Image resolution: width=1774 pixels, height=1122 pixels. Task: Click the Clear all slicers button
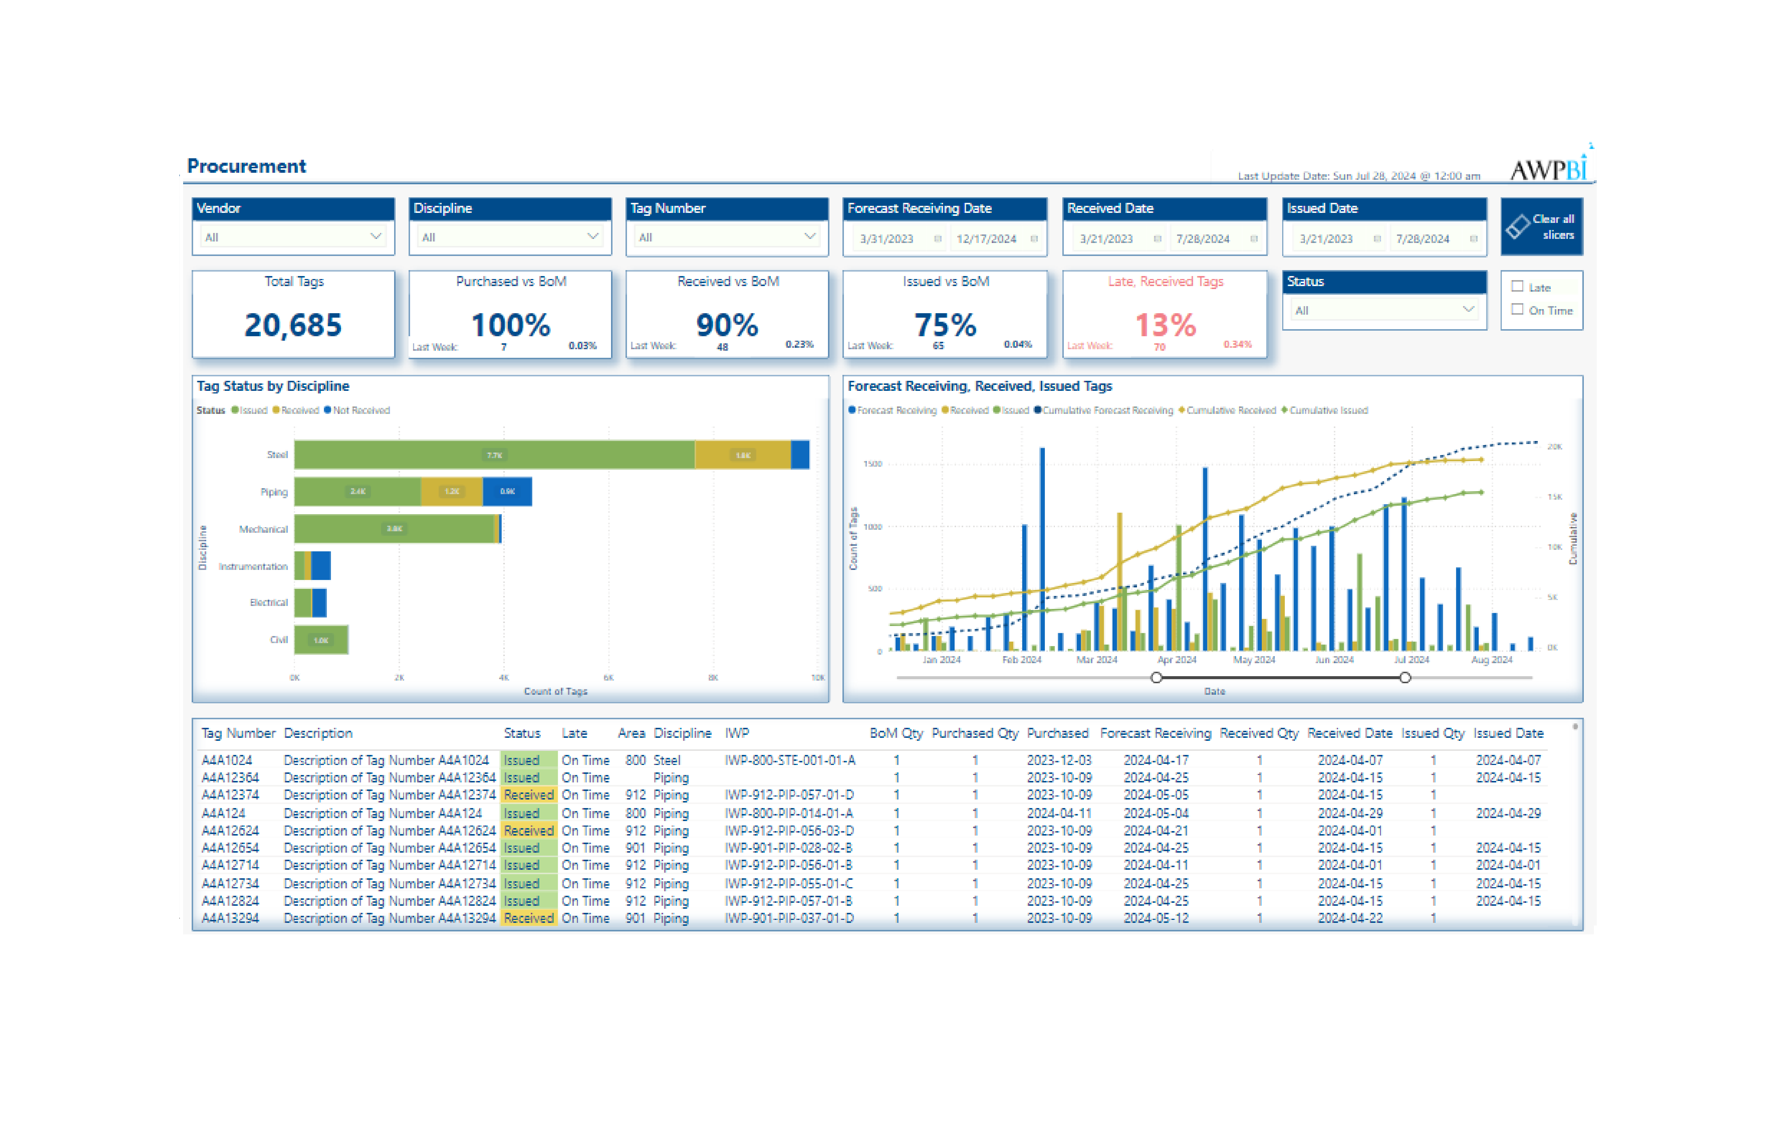click(1541, 227)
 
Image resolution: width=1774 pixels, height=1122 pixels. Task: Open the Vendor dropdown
click(292, 237)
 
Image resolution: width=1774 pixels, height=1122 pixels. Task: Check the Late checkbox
click(1517, 286)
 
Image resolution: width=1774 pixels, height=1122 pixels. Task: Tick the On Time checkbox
click(1517, 309)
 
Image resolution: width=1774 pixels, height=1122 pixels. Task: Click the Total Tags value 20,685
click(293, 325)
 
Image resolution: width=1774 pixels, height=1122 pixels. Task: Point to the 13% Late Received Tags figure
click(1165, 325)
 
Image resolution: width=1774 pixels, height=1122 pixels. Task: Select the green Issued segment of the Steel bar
click(494, 454)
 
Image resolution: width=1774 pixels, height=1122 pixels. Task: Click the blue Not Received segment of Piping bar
click(507, 492)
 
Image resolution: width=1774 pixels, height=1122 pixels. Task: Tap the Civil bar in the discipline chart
click(321, 639)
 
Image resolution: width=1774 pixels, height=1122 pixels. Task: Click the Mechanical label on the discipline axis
click(263, 529)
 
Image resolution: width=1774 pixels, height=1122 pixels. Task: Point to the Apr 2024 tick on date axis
click(1176, 659)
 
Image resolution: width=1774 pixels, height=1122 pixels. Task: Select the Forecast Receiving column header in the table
click(1154, 733)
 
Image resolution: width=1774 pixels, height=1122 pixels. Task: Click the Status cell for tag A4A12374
click(528, 795)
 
